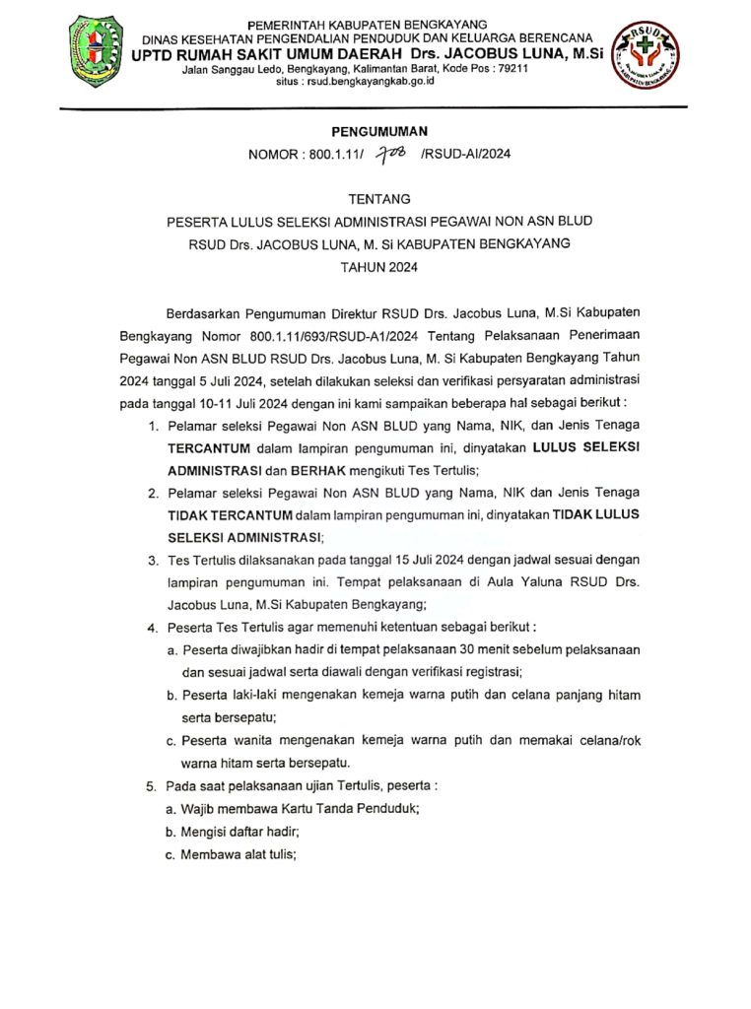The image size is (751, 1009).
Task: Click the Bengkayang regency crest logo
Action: [x=96, y=51]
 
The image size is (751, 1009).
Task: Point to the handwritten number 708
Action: [x=391, y=153]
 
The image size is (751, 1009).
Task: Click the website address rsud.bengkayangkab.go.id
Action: [x=383, y=82]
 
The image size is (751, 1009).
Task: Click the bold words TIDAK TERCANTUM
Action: [x=230, y=514]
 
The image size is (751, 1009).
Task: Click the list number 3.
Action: [x=152, y=560]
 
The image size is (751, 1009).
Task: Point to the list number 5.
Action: [x=152, y=786]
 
